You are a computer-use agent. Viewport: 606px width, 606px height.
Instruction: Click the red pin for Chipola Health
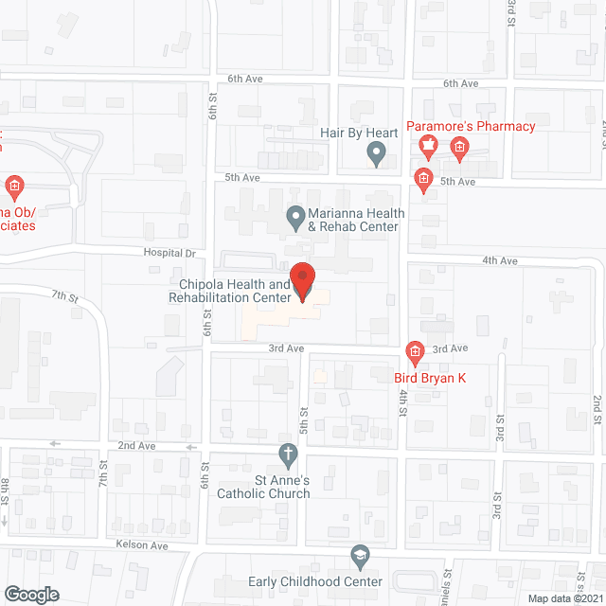coord(302,281)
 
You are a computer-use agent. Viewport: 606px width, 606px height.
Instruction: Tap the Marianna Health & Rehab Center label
coord(351,220)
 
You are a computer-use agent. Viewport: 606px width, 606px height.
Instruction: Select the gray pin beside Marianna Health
coord(295,219)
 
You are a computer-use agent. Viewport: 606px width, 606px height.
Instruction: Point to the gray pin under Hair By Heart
coord(377,153)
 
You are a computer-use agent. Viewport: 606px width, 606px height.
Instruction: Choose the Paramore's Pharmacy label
coord(471,127)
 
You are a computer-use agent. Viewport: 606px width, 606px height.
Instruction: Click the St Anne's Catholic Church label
coord(263,486)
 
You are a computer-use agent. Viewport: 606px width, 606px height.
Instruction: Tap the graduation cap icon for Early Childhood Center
coord(359,555)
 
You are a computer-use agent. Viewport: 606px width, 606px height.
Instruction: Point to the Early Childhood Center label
coord(315,581)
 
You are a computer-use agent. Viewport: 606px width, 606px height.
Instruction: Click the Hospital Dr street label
coord(169,254)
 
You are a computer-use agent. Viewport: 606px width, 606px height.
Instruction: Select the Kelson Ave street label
coord(142,546)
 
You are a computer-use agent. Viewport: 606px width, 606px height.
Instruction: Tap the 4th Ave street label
coord(500,260)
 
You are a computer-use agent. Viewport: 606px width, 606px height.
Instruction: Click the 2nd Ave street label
coord(136,445)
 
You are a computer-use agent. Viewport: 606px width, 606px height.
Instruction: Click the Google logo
coord(30,594)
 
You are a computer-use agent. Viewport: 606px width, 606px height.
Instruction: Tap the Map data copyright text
coord(563,598)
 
